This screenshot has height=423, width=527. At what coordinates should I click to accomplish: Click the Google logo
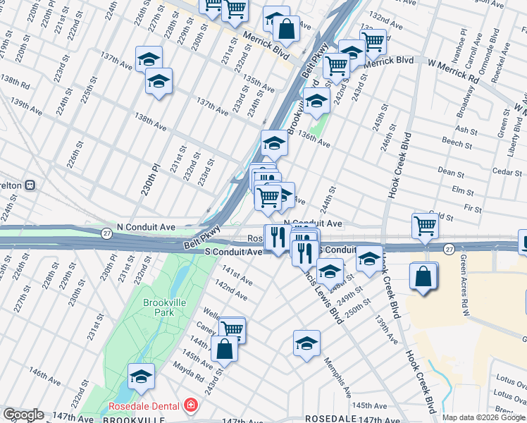coord(23,415)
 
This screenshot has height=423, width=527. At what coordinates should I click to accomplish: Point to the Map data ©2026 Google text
coord(483,417)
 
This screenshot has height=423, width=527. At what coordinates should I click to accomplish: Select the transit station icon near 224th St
coord(30,185)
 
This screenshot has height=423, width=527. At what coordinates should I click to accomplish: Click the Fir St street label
coord(473,209)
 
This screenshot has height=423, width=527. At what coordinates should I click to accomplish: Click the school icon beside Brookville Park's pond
coord(142,377)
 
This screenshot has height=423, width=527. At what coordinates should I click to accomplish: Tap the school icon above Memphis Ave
coord(306,344)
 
